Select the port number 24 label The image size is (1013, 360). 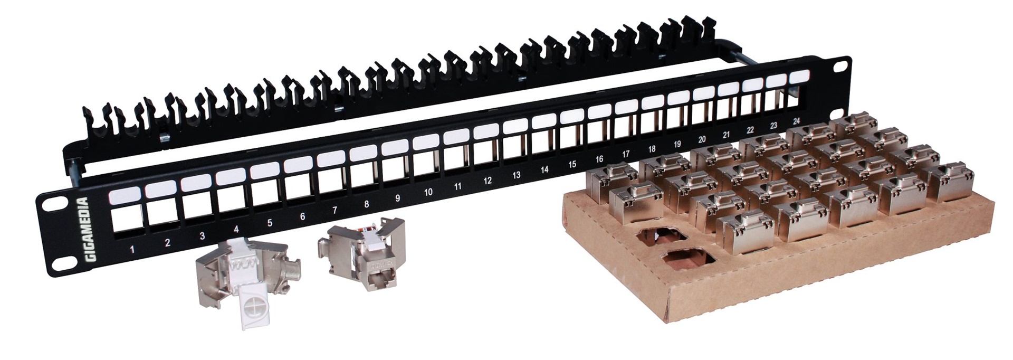click(x=797, y=121)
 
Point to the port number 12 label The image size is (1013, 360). click(x=488, y=181)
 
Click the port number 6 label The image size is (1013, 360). click(x=302, y=216)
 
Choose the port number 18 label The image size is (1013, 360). click(x=652, y=149)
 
